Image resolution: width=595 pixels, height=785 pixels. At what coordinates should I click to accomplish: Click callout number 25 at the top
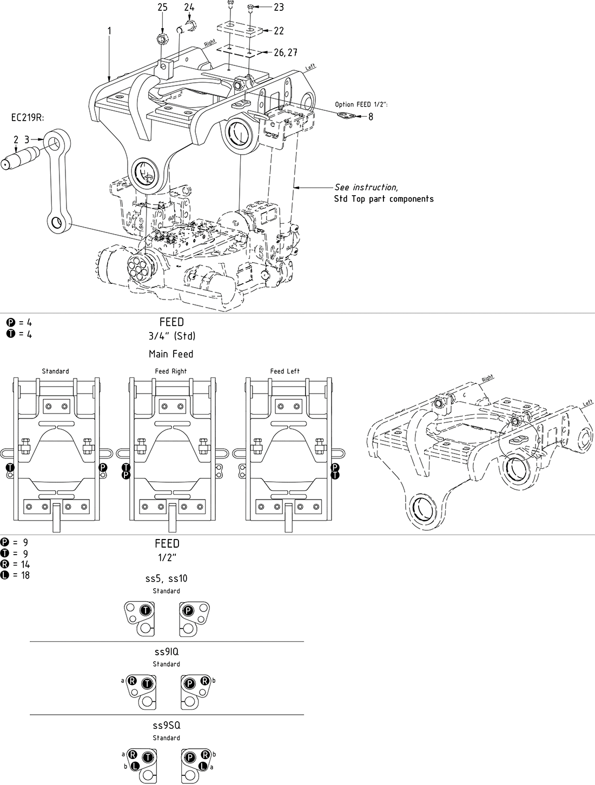(x=163, y=7)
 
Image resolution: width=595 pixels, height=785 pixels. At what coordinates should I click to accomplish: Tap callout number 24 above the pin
(x=189, y=7)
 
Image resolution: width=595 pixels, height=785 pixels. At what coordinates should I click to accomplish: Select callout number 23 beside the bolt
(x=279, y=7)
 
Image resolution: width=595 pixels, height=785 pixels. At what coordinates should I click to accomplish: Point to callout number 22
(x=279, y=31)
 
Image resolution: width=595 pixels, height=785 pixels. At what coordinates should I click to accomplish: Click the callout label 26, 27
(x=285, y=52)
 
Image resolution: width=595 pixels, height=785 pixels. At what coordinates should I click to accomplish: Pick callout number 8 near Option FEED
(x=371, y=116)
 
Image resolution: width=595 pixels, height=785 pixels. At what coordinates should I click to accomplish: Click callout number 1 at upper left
(x=109, y=31)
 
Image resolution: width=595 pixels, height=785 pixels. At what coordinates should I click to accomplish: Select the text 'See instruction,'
(x=366, y=187)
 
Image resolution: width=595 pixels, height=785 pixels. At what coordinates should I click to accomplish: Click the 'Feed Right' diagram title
(x=170, y=371)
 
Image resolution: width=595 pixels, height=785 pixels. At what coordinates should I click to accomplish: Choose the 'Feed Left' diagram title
(x=285, y=371)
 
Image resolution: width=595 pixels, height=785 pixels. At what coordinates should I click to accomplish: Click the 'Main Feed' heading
(x=171, y=354)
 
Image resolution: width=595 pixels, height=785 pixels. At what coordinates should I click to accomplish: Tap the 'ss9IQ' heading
(x=166, y=653)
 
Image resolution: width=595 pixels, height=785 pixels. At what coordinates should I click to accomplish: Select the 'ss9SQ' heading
(x=166, y=726)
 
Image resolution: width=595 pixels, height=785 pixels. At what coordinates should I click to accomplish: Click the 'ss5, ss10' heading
(x=166, y=578)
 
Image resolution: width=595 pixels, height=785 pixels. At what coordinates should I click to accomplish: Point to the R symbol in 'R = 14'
(x=5, y=564)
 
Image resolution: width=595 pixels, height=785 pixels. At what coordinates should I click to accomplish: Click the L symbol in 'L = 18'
(x=5, y=575)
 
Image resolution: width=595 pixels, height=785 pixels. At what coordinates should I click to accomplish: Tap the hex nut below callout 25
(x=160, y=39)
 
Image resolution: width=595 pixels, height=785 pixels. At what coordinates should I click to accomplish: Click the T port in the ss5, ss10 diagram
(x=144, y=610)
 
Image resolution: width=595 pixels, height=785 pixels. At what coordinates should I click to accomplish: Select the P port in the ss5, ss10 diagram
(x=188, y=610)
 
